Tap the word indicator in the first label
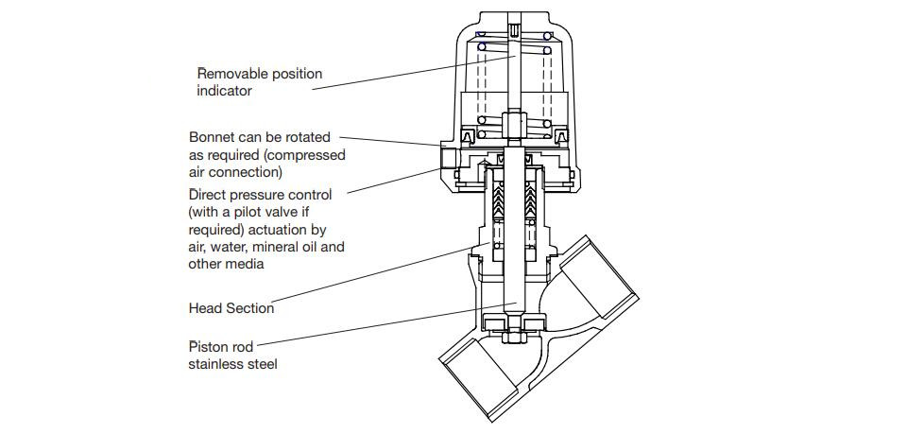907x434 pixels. coord(224,91)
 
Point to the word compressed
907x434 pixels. coord(310,155)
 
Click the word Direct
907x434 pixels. coord(210,194)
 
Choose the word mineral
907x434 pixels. coord(266,247)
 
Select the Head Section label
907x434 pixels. coord(231,308)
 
